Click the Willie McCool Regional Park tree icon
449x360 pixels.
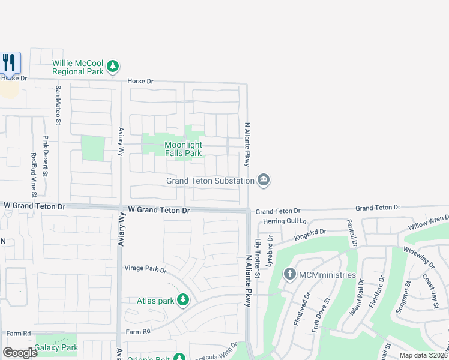point(113,67)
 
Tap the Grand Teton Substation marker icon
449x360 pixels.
point(263,179)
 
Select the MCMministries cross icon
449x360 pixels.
point(290,275)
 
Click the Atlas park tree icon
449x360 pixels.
point(184,300)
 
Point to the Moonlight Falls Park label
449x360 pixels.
point(183,149)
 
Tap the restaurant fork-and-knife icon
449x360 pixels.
point(9,62)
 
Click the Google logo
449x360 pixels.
point(20,353)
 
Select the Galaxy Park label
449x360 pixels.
point(56,347)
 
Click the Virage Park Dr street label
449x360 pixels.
point(145,269)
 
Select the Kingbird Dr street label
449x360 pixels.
point(310,235)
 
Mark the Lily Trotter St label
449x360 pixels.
point(258,258)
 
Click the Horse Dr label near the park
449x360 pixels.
point(141,81)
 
